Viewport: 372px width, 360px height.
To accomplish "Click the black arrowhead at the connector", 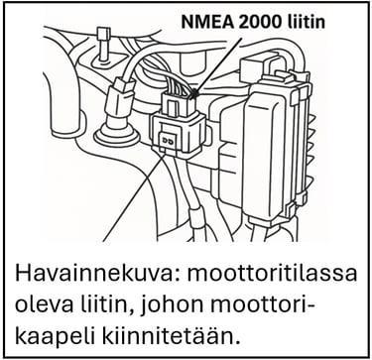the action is [x=194, y=93].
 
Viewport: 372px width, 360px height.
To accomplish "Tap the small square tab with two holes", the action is [x=167, y=141].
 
